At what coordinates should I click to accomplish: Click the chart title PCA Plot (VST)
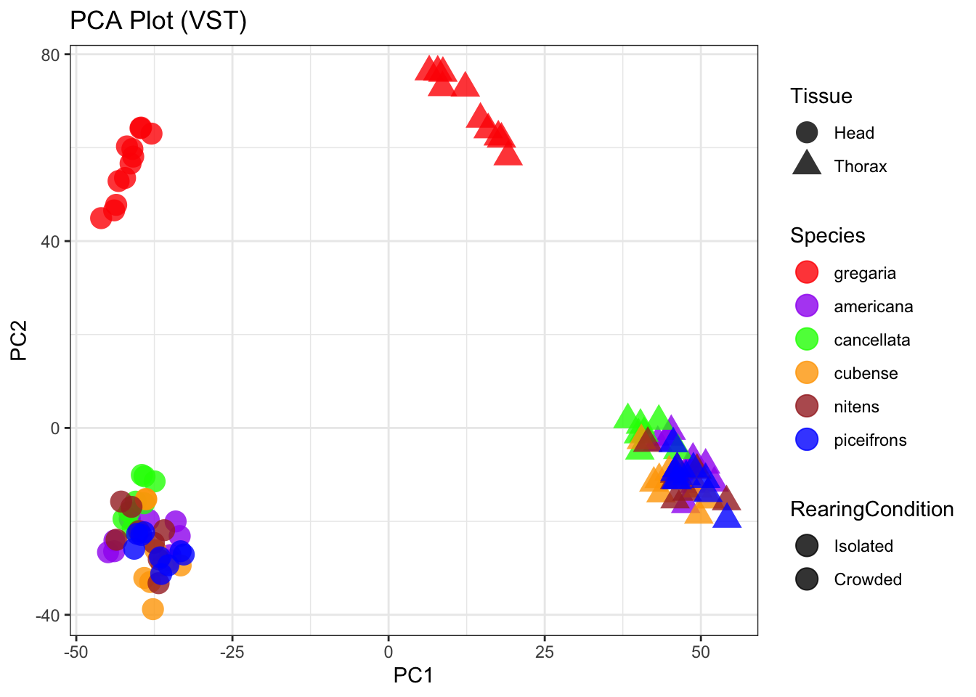coord(158,21)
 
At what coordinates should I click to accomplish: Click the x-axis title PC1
coord(413,676)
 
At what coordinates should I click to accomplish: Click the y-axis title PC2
coord(19,341)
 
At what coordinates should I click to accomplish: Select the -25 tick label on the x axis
coord(232,652)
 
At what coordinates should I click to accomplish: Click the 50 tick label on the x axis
coord(701,652)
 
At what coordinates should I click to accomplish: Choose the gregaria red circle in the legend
coord(807,273)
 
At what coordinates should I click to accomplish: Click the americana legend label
coord(873,306)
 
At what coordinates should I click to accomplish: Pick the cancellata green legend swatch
coord(807,340)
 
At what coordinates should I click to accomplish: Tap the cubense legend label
coord(866,373)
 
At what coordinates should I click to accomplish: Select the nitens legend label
coord(856,407)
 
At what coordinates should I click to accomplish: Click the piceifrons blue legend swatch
coord(807,440)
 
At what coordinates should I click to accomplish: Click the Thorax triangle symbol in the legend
coord(807,164)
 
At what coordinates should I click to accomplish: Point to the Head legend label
coord(854,133)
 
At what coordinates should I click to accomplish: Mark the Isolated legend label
coord(863,546)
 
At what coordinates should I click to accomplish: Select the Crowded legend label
coord(868,579)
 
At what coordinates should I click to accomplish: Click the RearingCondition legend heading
coord(871,510)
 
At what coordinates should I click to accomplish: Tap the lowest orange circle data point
coord(152,609)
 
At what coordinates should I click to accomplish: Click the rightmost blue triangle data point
coord(727,517)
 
